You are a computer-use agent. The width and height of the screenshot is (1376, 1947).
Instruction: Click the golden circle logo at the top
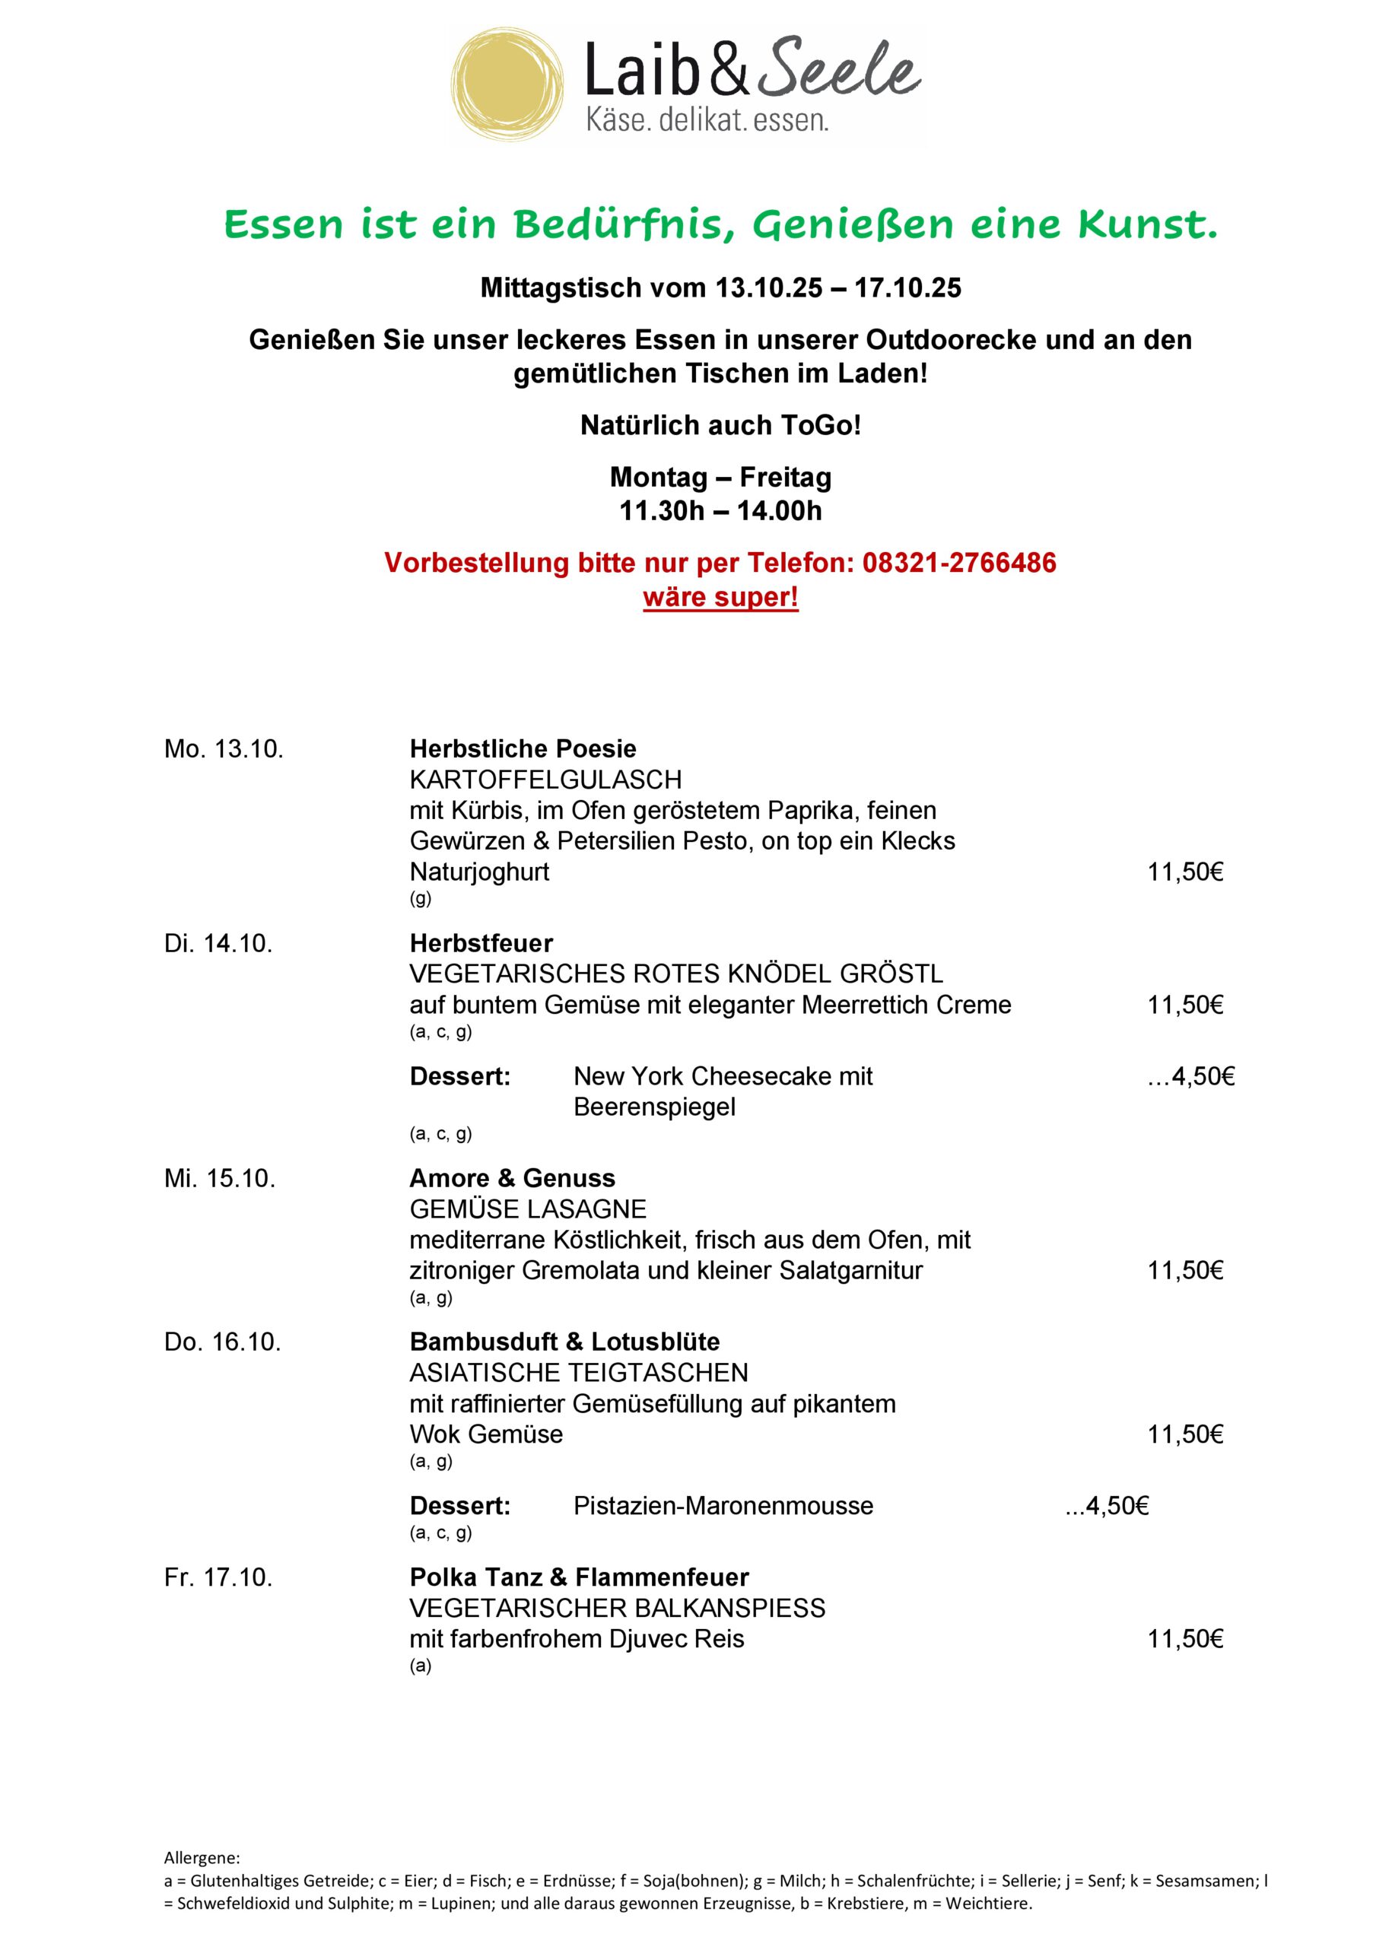point(508,84)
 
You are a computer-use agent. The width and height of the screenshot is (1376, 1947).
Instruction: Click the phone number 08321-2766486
point(959,562)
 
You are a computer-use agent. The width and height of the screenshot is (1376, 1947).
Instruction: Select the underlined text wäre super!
point(720,597)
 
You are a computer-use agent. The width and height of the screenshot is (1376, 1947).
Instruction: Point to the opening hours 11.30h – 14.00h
point(720,510)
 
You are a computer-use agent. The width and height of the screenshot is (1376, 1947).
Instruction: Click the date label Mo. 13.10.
point(224,749)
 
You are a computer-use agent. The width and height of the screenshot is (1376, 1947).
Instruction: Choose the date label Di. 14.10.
point(219,943)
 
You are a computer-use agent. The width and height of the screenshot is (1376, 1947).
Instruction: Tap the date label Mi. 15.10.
point(220,1178)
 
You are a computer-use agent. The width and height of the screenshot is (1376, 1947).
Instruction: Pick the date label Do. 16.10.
point(222,1342)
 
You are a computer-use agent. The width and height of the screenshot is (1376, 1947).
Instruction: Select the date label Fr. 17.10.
point(219,1577)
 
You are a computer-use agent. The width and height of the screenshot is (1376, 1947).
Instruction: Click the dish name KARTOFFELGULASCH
point(545,780)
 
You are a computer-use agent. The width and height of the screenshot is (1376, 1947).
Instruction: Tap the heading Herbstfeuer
point(481,943)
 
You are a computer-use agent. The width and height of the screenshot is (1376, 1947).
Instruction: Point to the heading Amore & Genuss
point(513,1178)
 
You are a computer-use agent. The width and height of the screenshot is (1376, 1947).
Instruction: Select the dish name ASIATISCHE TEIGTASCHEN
point(579,1372)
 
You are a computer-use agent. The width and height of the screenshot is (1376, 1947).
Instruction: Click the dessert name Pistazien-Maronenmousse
point(723,1505)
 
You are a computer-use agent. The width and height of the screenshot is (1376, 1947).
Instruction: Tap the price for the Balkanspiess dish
point(1185,1638)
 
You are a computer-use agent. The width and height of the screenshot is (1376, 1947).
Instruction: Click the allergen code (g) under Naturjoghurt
point(421,899)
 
